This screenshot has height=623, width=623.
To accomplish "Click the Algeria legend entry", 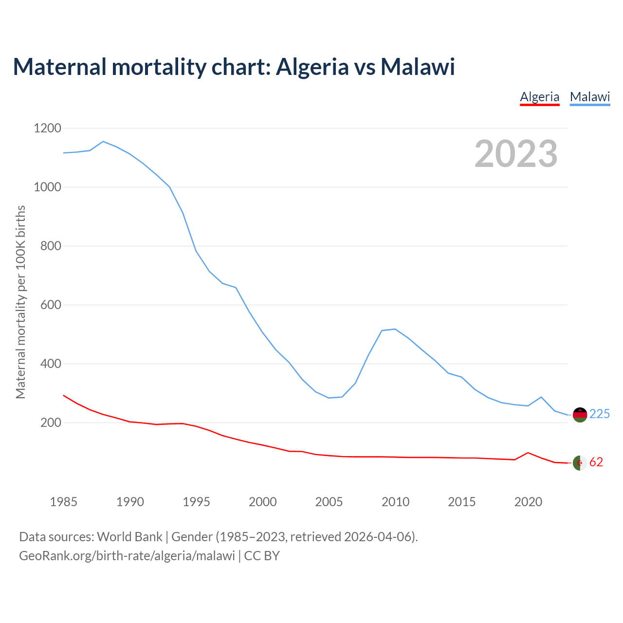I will point(539,97).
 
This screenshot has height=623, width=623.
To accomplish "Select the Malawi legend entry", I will point(590,97).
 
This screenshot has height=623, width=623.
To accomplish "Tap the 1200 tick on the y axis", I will point(48,128).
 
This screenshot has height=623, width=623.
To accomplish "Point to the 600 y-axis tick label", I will point(48,305).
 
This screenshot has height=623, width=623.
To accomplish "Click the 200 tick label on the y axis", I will point(51,423).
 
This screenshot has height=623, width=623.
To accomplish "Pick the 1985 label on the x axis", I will point(63,502).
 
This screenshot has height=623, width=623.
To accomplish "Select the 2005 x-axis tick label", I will point(329,502).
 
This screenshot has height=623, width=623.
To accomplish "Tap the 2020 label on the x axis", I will point(528,502).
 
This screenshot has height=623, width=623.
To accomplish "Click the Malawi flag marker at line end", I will point(580,415).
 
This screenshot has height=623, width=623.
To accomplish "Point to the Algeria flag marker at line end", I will point(580,463).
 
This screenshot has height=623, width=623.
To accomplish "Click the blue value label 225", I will point(600,414).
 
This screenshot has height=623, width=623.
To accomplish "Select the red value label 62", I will point(596,462).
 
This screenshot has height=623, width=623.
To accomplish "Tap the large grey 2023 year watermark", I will point(516,154).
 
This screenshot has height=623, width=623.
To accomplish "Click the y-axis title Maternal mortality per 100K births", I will point(20,302).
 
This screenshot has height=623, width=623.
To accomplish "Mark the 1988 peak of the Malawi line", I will point(103,142).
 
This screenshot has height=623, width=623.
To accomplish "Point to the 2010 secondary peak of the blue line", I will point(395,330).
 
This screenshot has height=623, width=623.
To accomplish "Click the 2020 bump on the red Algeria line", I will point(528,453).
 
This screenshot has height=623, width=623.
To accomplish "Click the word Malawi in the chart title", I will point(418,67).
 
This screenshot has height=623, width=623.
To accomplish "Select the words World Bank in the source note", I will point(129,537).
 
